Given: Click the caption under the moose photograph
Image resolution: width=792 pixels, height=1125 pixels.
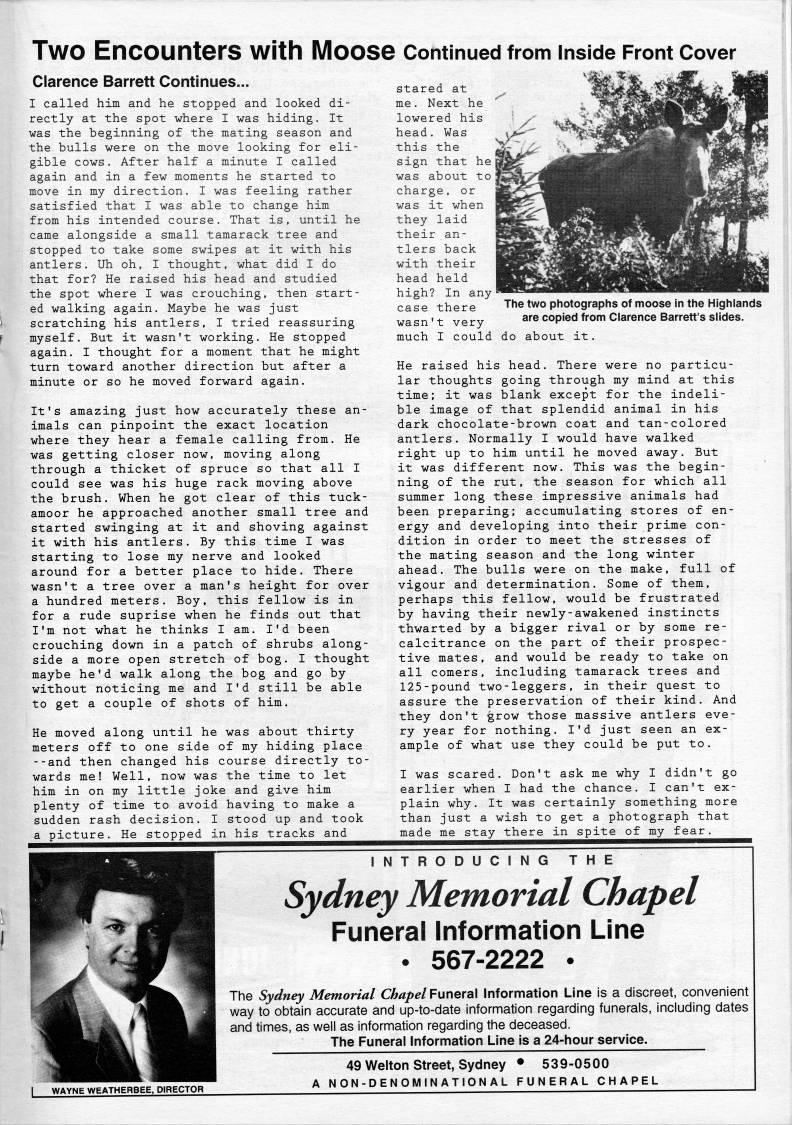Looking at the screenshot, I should (633, 310).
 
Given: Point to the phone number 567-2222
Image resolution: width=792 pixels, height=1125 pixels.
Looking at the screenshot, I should (487, 961).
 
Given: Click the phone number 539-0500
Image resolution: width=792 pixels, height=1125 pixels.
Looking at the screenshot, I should (576, 1063).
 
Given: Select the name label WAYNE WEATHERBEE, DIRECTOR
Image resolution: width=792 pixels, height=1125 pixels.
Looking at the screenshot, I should (121, 1089).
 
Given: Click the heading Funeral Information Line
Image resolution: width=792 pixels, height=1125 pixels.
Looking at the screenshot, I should (487, 931).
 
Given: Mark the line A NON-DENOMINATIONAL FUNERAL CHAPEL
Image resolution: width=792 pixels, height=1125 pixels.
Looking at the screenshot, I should (485, 1080).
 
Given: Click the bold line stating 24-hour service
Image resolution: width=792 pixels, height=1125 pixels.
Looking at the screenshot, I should (488, 1040).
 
